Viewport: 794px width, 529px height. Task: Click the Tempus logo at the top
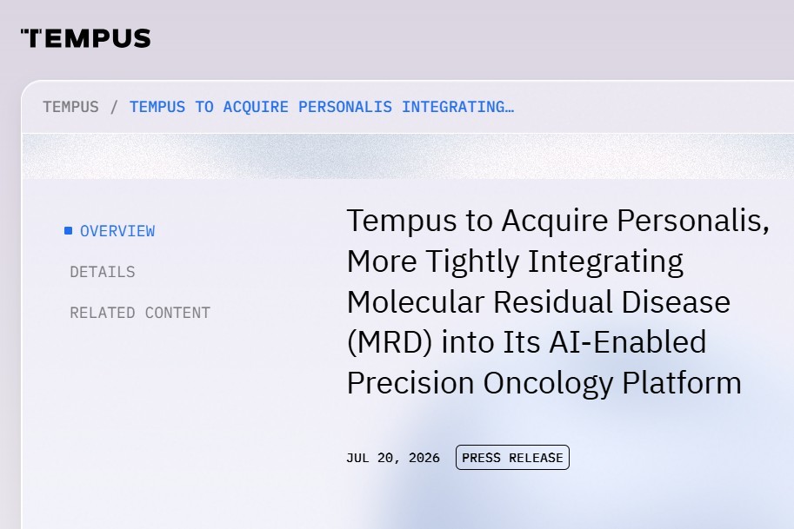[x=85, y=38]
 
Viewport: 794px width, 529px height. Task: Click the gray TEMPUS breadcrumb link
[x=71, y=107]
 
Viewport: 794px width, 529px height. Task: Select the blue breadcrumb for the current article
[x=322, y=107]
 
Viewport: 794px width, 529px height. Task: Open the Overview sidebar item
[x=117, y=231]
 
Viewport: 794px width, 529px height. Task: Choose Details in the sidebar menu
[x=103, y=272]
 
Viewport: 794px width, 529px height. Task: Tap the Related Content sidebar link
[x=140, y=313]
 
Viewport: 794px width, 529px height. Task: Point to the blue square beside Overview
[x=69, y=231]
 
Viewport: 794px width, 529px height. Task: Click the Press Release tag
[x=512, y=458]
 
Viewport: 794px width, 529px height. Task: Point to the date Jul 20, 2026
[x=393, y=458]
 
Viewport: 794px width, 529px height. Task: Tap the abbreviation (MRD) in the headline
[x=390, y=342]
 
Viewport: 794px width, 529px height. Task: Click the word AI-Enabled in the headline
[x=627, y=342]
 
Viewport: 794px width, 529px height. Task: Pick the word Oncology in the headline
[x=549, y=384]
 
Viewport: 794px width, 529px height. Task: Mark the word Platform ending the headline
[x=682, y=383]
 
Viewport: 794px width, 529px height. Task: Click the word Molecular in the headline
[x=416, y=302]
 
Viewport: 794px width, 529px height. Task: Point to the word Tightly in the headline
[x=472, y=262]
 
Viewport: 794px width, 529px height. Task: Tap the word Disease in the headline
[x=676, y=302]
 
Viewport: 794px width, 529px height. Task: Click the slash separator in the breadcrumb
[x=114, y=107]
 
